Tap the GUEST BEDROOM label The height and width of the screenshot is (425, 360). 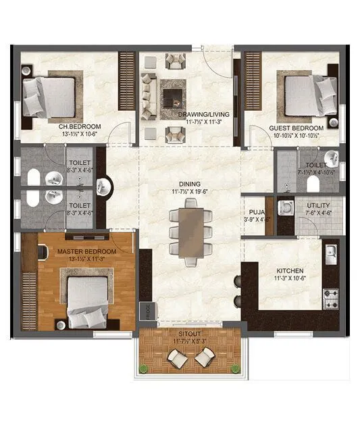[296, 128]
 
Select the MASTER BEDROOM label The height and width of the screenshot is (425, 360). [86, 251]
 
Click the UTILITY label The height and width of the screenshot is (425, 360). [317, 206]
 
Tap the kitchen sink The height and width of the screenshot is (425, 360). [331, 254]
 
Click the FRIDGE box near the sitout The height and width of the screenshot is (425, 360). [145, 311]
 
